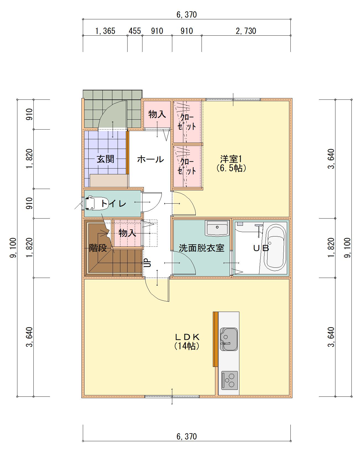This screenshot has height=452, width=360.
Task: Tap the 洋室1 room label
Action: tap(231, 159)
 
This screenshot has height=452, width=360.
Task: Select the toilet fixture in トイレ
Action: tap(96, 203)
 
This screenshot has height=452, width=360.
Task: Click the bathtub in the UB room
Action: tap(275, 248)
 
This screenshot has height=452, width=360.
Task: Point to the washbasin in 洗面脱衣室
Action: tap(217, 228)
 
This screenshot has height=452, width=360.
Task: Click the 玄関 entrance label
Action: tap(105, 159)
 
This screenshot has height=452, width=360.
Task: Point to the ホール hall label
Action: tap(150, 159)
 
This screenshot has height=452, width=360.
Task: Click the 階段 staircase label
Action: tap(98, 248)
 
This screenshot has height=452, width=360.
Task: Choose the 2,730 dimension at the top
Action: tap(246, 31)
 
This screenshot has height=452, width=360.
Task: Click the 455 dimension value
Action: tap(134, 31)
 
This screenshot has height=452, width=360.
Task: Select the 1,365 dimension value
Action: tap(105, 31)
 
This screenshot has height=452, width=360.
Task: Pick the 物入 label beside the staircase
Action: tap(127, 233)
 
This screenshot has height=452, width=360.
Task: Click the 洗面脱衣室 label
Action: tap(202, 248)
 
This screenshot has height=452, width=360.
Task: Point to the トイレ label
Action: tap(113, 203)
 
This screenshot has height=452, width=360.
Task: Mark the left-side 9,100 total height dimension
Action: tap(13, 248)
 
